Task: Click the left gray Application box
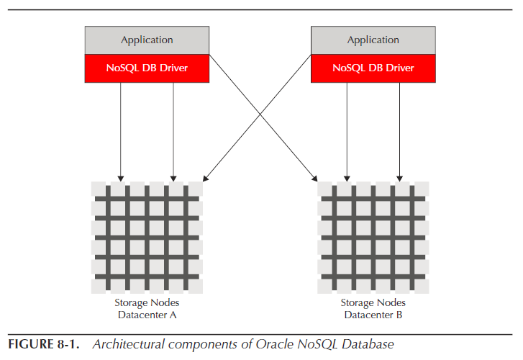(x=147, y=40)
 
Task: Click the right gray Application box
(x=373, y=40)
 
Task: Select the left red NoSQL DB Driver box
(x=147, y=68)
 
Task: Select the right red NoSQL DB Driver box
(x=373, y=68)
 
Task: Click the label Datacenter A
(x=147, y=315)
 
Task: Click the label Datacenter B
(x=373, y=315)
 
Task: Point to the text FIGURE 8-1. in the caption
(x=44, y=346)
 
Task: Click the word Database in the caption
(x=368, y=346)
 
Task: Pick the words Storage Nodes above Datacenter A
(x=147, y=303)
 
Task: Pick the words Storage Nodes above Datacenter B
(x=373, y=303)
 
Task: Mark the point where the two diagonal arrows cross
(x=260, y=119)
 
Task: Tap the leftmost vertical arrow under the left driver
(x=121, y=130)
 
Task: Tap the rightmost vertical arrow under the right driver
(x=400, y=130)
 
